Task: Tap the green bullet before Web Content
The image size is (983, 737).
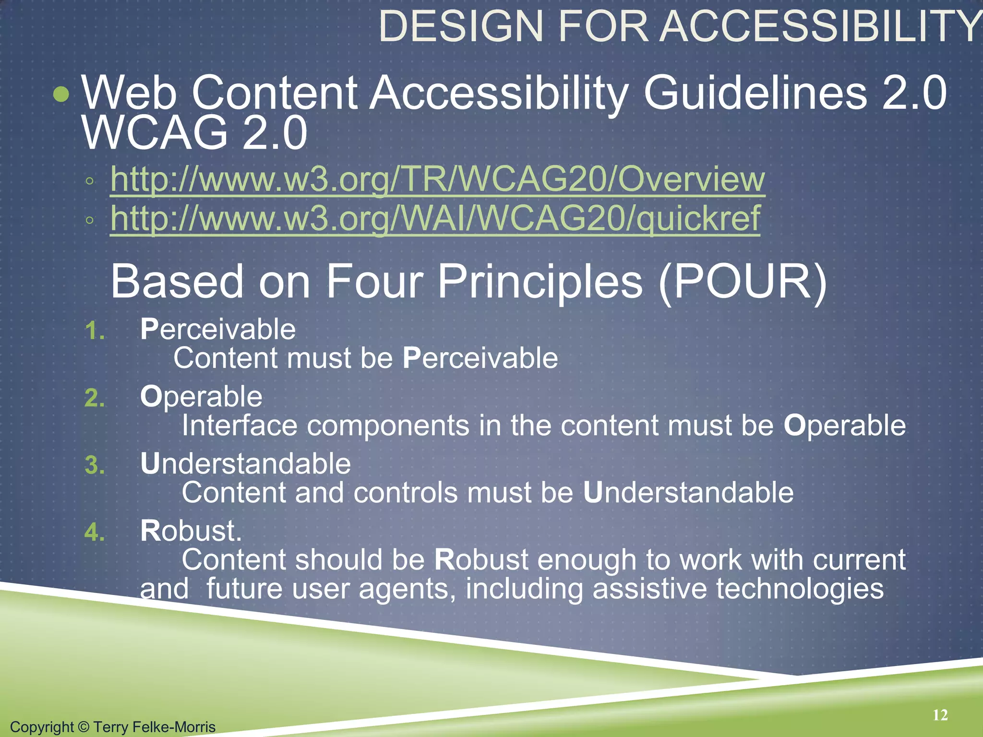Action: coord(61,94)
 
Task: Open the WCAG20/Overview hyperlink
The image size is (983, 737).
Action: coord(437,179)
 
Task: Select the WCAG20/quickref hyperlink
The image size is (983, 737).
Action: coord(435,218)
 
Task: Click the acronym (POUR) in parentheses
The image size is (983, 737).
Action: coord(743,282)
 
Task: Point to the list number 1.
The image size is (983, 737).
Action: coord(95,331)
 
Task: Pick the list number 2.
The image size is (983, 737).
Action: coord(95,398)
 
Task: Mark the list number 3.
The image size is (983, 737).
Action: coord(95,465)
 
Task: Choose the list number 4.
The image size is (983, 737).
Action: coord(95,533)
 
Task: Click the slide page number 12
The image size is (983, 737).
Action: coord(940,715)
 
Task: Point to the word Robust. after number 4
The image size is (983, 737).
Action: coord(191,531)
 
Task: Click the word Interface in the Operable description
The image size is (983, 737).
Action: coord(240,426)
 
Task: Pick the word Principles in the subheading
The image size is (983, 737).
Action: coord(539,282)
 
